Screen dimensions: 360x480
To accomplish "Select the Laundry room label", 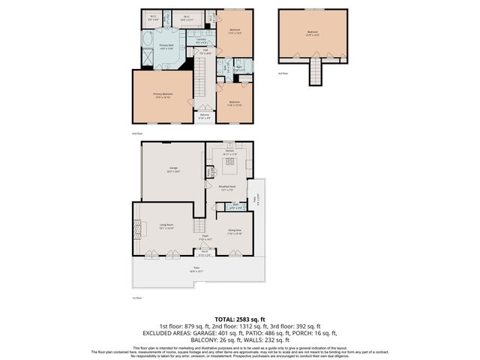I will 202,41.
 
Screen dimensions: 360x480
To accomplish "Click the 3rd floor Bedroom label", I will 312,32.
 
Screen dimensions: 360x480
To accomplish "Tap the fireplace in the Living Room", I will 136,228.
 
